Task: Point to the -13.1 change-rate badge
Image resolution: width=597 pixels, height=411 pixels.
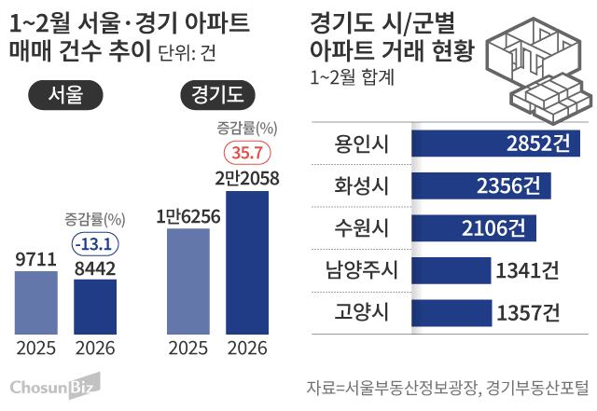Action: coord(96,243)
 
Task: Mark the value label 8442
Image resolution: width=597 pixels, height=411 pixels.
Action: coord(96,267)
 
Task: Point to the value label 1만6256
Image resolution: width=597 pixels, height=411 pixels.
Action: coord(187,216)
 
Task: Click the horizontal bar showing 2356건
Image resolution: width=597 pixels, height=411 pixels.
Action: coord(479,185)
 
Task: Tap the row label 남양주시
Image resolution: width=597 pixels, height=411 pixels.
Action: coord(355,270)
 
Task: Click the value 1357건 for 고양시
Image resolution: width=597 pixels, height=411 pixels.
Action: coord(528,312)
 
